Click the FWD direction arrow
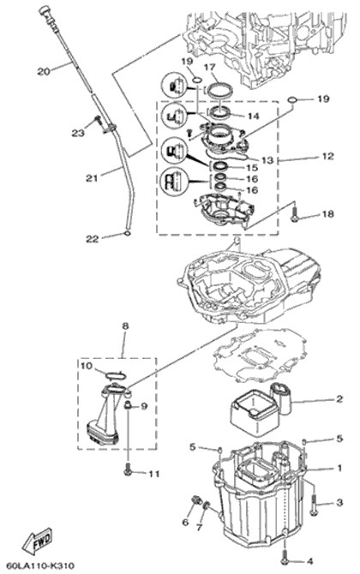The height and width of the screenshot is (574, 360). tap(38, 541)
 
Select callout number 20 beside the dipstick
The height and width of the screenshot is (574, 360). tap(44, 71)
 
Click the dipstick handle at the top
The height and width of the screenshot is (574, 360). tap(45, 11)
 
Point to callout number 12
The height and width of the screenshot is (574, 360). tap(327, 156)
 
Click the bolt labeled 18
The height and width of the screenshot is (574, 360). tap(294, 214)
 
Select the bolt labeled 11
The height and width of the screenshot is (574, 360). tap(128, 469)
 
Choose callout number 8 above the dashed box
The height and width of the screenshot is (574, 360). tap(125, 326)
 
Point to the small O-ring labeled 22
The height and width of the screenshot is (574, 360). tap(126, 233)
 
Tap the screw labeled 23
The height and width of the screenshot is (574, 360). tap(98, 120)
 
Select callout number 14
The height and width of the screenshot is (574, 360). tap(253, 117)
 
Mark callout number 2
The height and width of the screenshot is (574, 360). tap(339, 398)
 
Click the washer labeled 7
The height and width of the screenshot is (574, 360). tap(207, 505)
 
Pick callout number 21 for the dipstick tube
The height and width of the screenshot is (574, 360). tap(92, 178)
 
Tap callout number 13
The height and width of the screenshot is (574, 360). tap(267, 160)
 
